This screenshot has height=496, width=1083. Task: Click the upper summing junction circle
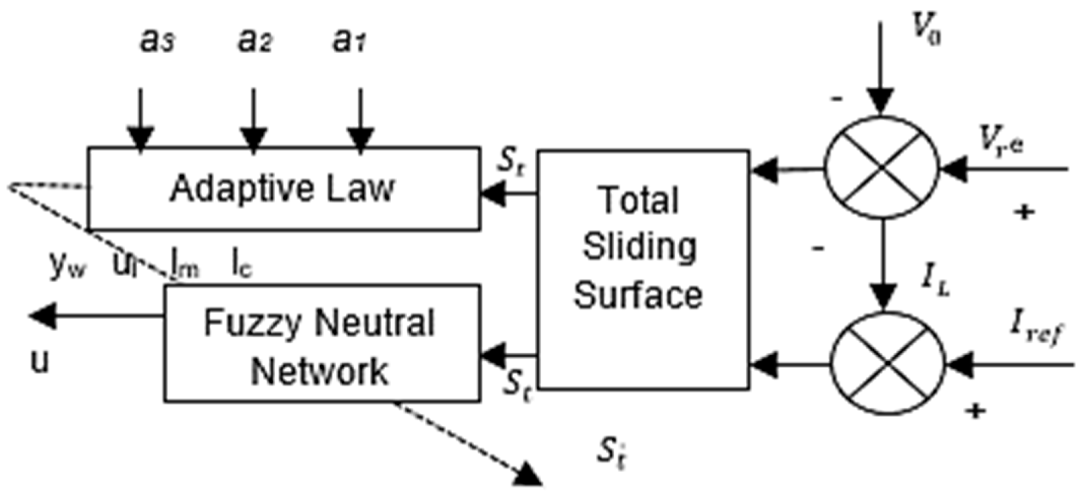click(x=881, y=168)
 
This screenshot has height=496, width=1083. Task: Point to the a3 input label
click(x=157, y=41)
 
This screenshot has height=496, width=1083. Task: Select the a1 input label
click(x=349, y=41)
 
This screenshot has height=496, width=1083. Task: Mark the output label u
click(x=40, y=361)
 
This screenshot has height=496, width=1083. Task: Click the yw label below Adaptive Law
click(x=67, y=266)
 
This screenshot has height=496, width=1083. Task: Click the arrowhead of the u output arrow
click(x=42, y=316)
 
